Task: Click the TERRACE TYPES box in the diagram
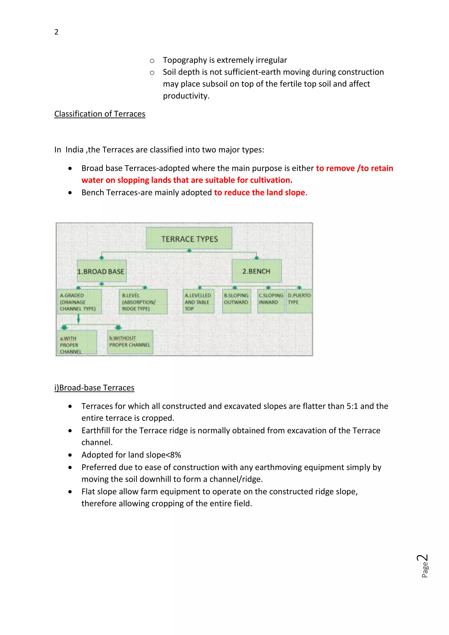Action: [x=189, y=238]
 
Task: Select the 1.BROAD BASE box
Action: [x=102, y=271]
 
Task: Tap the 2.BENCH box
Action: [x=257, y=271]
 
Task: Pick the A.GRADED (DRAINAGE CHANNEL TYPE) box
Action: [x=79, y=302]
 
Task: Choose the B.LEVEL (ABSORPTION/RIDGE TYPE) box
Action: [x=143, y=302]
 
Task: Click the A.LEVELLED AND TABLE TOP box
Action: [x=198, y=301]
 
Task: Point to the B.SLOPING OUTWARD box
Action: [x=236, y=301]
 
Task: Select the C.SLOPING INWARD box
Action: [x=271, y=301]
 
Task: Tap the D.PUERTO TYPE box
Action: [x=299, y=301]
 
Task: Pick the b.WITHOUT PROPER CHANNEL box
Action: [x=130, y=342]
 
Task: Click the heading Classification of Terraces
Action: [x=100, y=114]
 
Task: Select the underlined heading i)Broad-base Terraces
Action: [x=94, y=388]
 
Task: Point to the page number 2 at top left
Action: [x=56, y=32]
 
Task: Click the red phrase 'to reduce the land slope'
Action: [x=259, y=193]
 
